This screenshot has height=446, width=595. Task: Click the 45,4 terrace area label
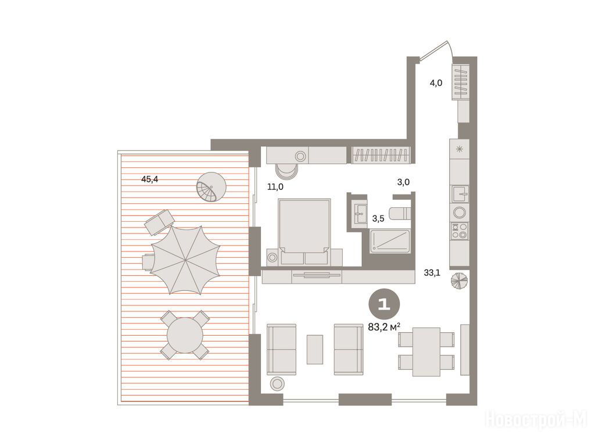click(x=149, y=179)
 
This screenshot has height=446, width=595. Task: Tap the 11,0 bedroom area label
click(x=275, y=186)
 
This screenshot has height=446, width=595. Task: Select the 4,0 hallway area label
click(x=436, y=82)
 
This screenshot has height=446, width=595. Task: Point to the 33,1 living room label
click(x=432, y=272)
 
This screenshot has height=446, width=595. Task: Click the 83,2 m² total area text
click(x=385, y=327)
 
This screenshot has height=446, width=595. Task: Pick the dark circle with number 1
click(x=384, y=304)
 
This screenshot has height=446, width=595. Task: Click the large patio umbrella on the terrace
click(x=185, y=260)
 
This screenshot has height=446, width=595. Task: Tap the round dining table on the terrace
click(x=185, y=335)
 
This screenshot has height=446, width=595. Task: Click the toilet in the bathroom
click(x=400, y=214)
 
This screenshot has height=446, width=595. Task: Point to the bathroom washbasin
click(x=359, y=214)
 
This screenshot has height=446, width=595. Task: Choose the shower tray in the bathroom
click(x=390, y=241)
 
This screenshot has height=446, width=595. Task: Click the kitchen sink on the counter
click(x=460, y=194)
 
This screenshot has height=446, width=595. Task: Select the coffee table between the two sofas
click(x=315, y=349)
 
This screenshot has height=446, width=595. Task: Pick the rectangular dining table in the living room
click(x=426, y=352)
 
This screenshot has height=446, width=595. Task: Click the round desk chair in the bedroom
click(x=286, y=171)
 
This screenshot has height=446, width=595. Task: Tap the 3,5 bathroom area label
click(x=378, y=218)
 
